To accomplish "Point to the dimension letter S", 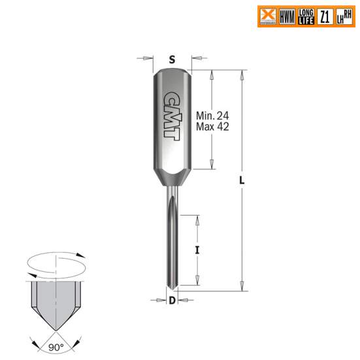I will [x=172, y=59].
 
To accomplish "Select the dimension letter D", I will [x=172, y=301].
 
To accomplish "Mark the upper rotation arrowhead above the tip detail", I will [x=81, y=256].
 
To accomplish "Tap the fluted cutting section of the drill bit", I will [x=171, y=242].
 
